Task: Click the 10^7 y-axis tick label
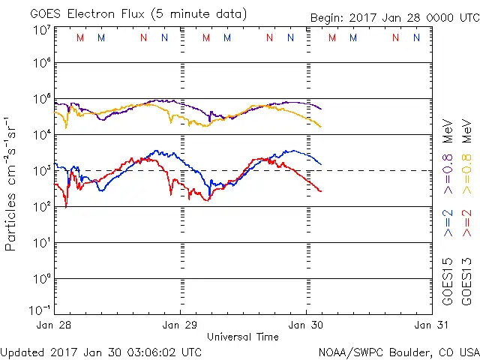click(x=41, y=30)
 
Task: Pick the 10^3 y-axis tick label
click(x=41, y=170)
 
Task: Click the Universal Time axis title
click(x=243, y=337)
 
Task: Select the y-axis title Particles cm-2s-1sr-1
click(x=13, y=183)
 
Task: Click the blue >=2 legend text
click(x=448, y=222)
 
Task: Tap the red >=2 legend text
click(x=466, y=222)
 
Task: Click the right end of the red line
click(x=321, y=191)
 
